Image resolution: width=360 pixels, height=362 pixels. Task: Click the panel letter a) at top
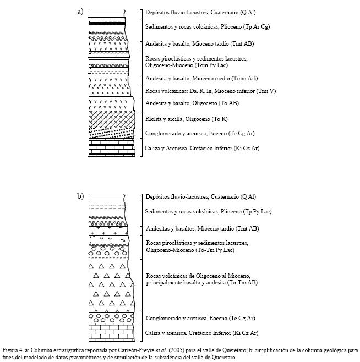[x=80, y=12]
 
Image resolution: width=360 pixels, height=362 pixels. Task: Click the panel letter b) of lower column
[x=80, y=196]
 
